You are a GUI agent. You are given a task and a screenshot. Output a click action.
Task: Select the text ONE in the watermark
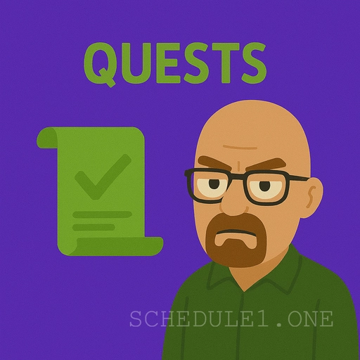click(x=310, y=320)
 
